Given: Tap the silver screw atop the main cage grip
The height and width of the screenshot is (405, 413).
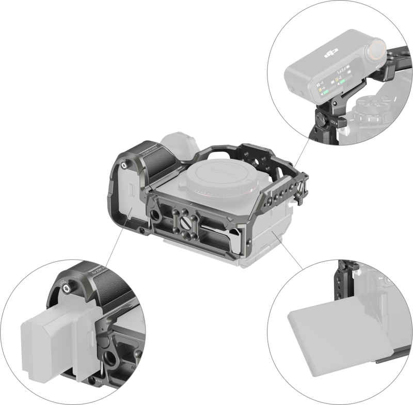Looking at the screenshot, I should click(x=125, y=165).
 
